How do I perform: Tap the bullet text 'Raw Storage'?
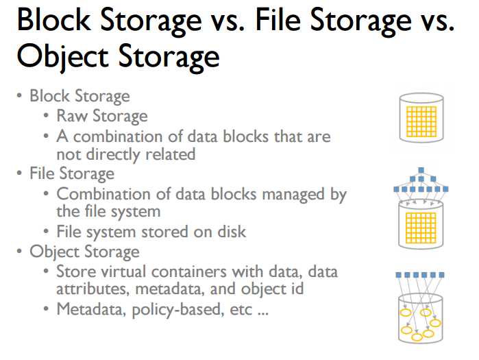click(101, 116)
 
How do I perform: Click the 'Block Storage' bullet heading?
click(79, 96)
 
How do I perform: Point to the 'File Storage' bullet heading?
click(71, 173)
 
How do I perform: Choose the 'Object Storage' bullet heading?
click(84, 252)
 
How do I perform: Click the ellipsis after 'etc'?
click(262, 311)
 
